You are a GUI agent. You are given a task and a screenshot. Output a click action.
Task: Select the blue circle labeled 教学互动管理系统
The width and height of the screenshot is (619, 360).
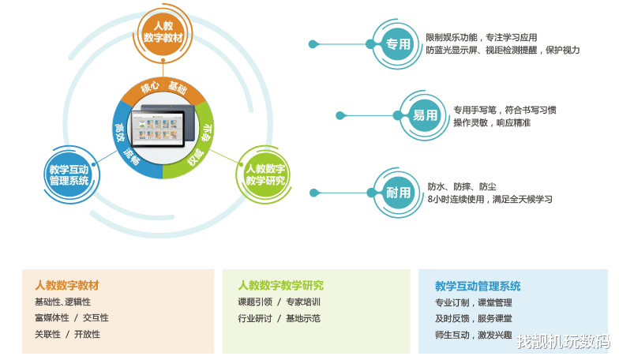(69, 174)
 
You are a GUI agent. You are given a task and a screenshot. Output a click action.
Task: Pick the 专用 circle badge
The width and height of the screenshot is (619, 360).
(398, 44)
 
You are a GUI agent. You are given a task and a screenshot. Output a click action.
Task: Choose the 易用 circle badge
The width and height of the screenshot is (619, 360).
(425, 115)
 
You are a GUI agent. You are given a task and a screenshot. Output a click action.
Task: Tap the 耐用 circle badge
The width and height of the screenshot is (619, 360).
(398, 192)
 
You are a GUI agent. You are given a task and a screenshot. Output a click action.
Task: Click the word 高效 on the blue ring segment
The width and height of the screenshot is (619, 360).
(120, 129)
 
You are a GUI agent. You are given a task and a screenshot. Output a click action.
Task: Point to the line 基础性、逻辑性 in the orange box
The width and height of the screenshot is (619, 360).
(62, 302)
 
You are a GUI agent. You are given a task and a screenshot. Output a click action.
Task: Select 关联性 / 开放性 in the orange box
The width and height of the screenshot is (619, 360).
(67, 334)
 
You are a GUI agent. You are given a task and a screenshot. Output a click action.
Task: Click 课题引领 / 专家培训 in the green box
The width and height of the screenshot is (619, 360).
(279, 302)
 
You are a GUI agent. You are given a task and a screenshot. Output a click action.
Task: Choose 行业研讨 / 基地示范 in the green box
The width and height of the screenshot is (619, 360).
(279, 318)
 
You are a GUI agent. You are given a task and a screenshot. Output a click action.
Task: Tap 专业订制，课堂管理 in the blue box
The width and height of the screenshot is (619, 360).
(473, 302)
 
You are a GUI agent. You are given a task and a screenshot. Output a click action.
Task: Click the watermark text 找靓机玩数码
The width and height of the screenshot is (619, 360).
(562, 341)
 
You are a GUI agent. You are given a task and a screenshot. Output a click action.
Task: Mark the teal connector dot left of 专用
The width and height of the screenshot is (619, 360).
(313, 44)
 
